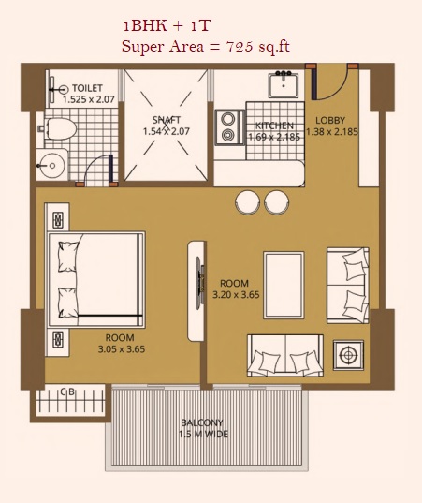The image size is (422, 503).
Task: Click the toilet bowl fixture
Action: [58, 129]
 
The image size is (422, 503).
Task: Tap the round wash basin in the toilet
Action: [51, 166]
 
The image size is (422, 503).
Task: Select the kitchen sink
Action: [284, 84]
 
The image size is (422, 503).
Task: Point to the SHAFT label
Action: [167, 120]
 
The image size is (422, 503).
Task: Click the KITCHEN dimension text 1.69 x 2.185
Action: [274, 137]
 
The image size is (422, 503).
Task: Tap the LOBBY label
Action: [330, 120]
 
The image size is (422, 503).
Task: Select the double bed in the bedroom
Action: [96, 280]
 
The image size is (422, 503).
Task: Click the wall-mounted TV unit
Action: [196, 290]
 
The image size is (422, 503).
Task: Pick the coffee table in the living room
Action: [284, 285]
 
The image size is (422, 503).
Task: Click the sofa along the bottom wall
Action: [285, 355]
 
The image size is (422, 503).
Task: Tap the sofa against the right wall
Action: [348, 285]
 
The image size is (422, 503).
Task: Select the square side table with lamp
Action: [348, 355]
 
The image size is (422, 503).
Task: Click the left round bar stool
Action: [247, 202]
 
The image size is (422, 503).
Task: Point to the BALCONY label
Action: [202, 422]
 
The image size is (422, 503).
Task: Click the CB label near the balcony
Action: [67, 392]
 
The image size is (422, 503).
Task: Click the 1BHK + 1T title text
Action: [167, 26]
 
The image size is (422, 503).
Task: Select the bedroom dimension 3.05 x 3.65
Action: [122, 349]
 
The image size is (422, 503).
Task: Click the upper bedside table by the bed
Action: [58, 220]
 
